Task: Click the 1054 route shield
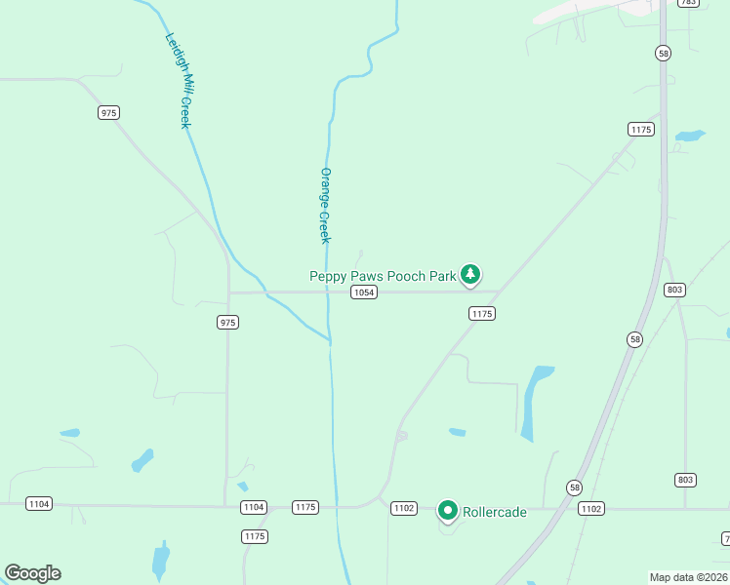tap(364, 292)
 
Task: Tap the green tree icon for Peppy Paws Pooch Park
tap(471, 274)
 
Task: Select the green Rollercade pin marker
tap(448, 509)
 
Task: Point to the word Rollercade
tap(495, 511)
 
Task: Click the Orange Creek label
tap(325, 206)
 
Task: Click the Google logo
tap(32, 573)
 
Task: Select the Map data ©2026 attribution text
tap(688, 576)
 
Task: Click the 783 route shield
tap(688, 3)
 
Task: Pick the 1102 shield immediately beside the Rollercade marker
tap(404, 509)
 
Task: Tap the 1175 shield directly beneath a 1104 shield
tap(255, 536)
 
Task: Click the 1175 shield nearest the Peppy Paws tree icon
tap(482, 313)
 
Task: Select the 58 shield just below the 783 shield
tap(664, 55)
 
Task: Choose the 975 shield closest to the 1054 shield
tap(228, 322)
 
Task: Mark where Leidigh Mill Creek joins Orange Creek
tap(330, 341)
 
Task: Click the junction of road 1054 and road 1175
tap(500, 291)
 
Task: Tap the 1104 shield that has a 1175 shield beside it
tap(254, 507)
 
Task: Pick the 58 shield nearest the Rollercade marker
tap(574, 487)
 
